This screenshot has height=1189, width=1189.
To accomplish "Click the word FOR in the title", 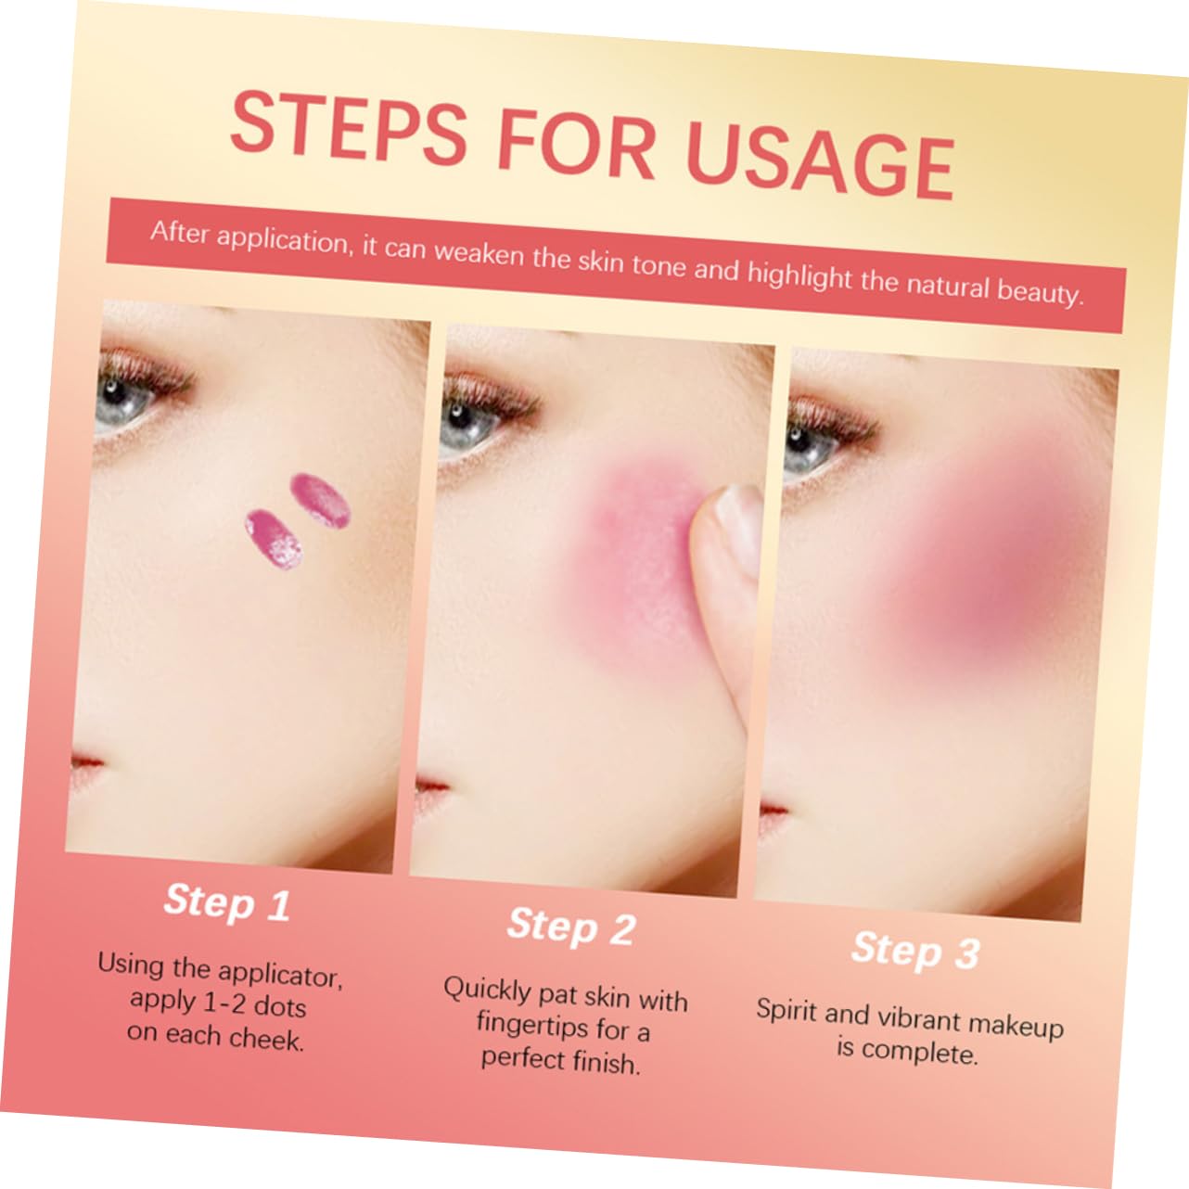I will [575, 144].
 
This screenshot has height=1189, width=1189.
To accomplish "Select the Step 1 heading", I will [227, 901].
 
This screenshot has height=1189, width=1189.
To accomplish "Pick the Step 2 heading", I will [571, 927].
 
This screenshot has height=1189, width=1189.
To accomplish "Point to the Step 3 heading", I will [915, 951].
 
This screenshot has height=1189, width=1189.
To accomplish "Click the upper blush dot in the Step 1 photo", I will [320, 500].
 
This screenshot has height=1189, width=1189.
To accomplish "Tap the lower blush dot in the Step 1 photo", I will [273, 539].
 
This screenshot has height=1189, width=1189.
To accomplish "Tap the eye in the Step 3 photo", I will [810, 444].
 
